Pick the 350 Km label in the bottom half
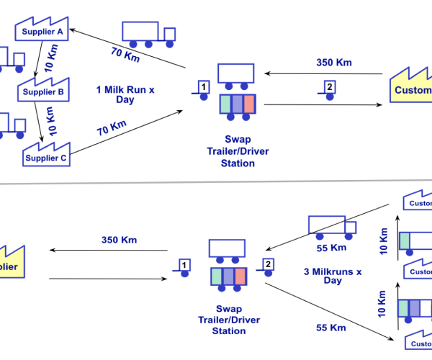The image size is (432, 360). (x=119, y=240)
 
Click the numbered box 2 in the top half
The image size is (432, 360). (x=329, y=89)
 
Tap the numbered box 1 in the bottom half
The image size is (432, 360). (x=184, y=266)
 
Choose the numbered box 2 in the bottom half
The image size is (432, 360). (x=267, y=265)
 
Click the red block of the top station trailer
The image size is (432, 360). (x=249, y=103)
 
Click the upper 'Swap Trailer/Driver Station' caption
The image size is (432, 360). (x=238, y=153)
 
